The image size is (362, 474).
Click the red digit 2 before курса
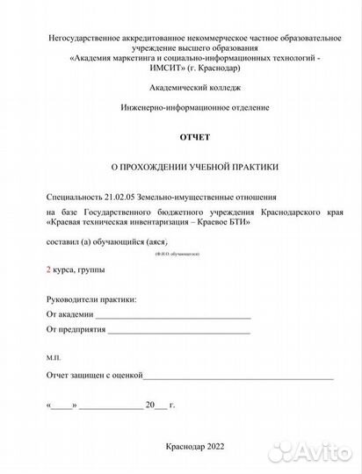click(x=48, y=269)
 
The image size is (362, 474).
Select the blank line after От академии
click(x=173, y=313)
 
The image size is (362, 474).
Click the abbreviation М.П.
click(x=54, y=356)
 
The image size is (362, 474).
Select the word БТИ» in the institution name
click(x=239, y=223)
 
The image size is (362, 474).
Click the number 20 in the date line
click(x=150, y=405)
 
